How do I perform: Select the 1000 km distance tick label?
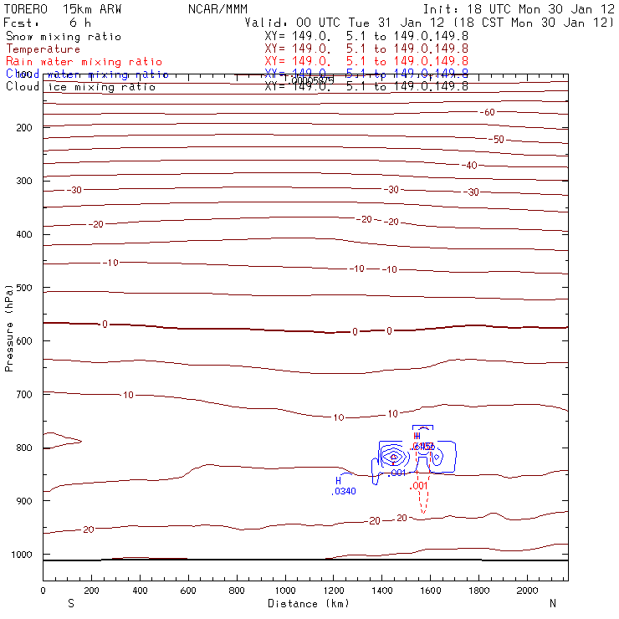[x=285, y=591]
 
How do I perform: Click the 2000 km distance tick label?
[x=528, y=591]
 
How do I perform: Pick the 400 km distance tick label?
[x=140, y=591]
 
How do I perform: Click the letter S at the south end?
[x=70, y=603]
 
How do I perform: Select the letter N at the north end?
[x=552, y=603]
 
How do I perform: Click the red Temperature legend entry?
[x=43, y=49]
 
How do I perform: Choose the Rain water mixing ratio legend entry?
[x=84, y=62]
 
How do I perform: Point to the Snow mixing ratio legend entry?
[x=64, y=37]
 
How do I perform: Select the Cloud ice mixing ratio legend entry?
[x=80, y=87]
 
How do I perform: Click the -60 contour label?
[x=488, y=112]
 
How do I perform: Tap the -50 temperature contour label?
[x=497, y=139]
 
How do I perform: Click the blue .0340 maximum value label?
[x=344, y=491]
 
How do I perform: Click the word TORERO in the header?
[x=24, y=8]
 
